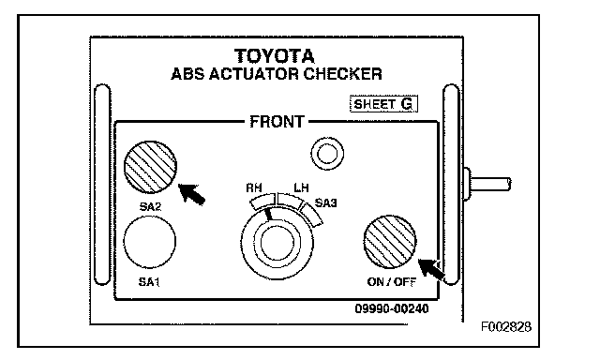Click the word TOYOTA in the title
(x=275, y=56)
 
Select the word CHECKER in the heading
(x=342, y=74)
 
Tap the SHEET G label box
(x=383, y=104)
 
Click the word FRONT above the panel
(x=277, y=122)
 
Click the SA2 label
(x=150, y=206)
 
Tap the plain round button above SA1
(x=150, y=242)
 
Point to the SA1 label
(x=149, y=282)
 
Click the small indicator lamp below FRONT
(x=327, y=154)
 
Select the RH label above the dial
(x=254, y=187)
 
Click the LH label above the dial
(x=301, y=187)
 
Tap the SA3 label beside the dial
(x=325, y=202)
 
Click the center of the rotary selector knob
(x=277, y=243)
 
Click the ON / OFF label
(x=392, y=282)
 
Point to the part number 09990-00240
(x=392, y=308)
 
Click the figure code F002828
(x=506, y=326)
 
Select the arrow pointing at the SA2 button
(x=192, y=193)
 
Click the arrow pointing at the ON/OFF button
(x=431, y=269)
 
